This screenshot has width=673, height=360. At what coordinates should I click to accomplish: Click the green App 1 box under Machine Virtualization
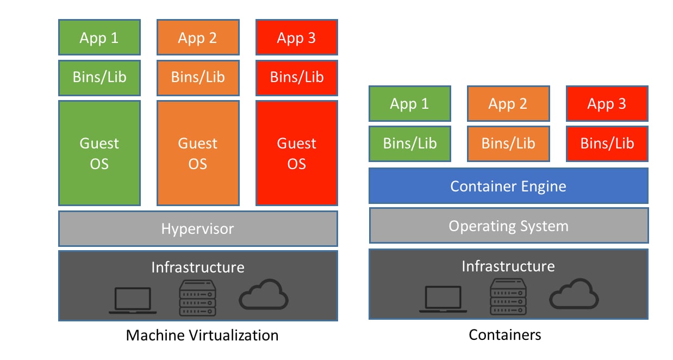[x=99, y=38]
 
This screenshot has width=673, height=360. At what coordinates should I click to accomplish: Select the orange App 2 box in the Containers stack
[x=508, y=103]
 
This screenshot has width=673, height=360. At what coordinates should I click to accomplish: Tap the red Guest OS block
[x=296, y=153]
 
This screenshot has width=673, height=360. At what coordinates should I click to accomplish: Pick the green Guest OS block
[x=99, y=153]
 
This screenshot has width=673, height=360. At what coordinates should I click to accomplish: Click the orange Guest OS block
[x=198, y=153]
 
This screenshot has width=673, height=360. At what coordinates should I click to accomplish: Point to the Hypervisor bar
[x=198, y=228]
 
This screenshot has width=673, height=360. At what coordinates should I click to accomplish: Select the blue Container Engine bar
[x=508, y=186]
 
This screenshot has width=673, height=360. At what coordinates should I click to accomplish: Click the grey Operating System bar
[x=508, y=226]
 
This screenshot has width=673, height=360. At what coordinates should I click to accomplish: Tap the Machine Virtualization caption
[x=202, y=335]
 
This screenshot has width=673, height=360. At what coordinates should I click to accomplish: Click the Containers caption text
[x=505, y=334]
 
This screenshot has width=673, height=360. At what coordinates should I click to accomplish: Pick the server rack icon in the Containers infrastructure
[x=508, y=296]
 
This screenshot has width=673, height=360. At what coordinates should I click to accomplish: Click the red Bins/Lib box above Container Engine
[x=607, y=144]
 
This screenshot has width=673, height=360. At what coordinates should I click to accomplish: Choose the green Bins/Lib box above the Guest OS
[x=99, y=77]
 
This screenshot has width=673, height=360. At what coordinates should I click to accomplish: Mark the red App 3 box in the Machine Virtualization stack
[x=296, y=38]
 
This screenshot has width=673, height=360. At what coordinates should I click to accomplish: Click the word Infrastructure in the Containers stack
[x=508, y=266]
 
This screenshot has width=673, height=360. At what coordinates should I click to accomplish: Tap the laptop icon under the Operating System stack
[x=443, y=299]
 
